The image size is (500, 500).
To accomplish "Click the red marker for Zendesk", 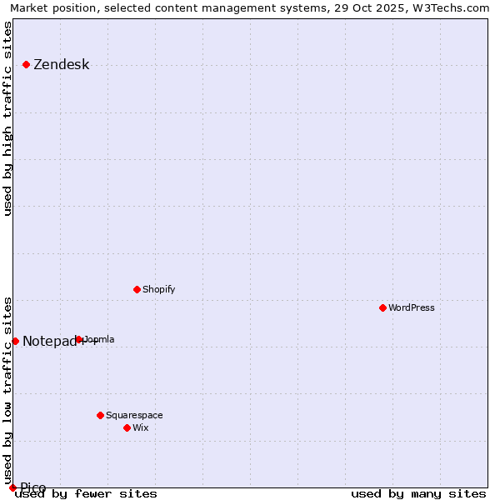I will coord(26,64).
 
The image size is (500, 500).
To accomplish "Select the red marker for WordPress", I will coord(382,307).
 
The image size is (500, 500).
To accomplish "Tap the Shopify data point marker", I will coord(137,289).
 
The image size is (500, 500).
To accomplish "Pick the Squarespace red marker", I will coord(100,415).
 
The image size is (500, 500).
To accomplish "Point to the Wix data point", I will coord(127,427).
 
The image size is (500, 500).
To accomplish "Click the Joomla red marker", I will coord(78,339).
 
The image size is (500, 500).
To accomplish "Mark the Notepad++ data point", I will coord(15,341).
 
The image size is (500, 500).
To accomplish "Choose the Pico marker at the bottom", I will coord(12,487).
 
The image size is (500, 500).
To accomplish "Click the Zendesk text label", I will coord(61,65).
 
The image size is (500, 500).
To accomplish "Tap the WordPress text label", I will coord(412,307).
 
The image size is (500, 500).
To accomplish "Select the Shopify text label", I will coord(158,289).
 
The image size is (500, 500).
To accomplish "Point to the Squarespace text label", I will coord(134,415).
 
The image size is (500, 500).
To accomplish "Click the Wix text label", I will coord(140,427).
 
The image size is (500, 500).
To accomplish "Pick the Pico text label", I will coord(33,487).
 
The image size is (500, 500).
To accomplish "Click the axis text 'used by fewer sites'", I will coord(86,493).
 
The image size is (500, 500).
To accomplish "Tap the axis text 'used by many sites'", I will coord(418,493).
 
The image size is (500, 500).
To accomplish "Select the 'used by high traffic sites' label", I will coord(8,118).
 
